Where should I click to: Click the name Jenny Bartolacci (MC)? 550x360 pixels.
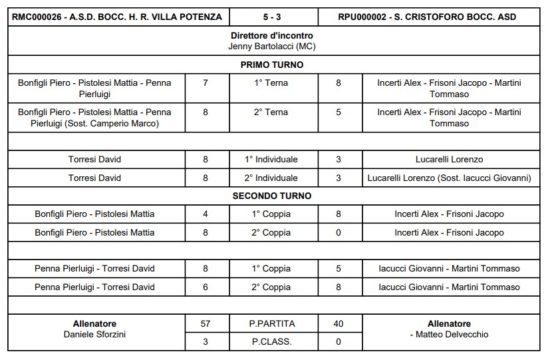[x=272, y=47]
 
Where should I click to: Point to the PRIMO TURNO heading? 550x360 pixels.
[x=272, y=65]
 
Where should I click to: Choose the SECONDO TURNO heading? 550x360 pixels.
[x=272, y=196]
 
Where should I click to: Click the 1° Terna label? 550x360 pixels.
[x=272, y=83]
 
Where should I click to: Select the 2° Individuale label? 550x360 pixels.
[x=272, y=178]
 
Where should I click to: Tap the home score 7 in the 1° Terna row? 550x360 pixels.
[x=206, y=83]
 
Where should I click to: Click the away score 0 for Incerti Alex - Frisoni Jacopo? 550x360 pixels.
[x=339, y=233]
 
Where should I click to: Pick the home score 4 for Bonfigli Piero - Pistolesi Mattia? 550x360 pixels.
[x=206, y=214]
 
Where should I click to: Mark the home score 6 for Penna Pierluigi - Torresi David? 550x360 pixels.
[x=206, y=287]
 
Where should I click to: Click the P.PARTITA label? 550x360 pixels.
[x=272, y=324]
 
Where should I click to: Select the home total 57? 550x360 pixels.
[x=206, y=324]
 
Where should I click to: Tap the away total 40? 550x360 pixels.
[x=339, y=324]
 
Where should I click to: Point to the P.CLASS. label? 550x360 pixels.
[x=272, y=342]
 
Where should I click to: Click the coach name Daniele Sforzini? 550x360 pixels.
[x=94, y=334]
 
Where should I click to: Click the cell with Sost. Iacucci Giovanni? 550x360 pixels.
[x=449, y=178]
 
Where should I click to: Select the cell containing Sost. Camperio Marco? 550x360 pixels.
[x=94, y=118]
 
